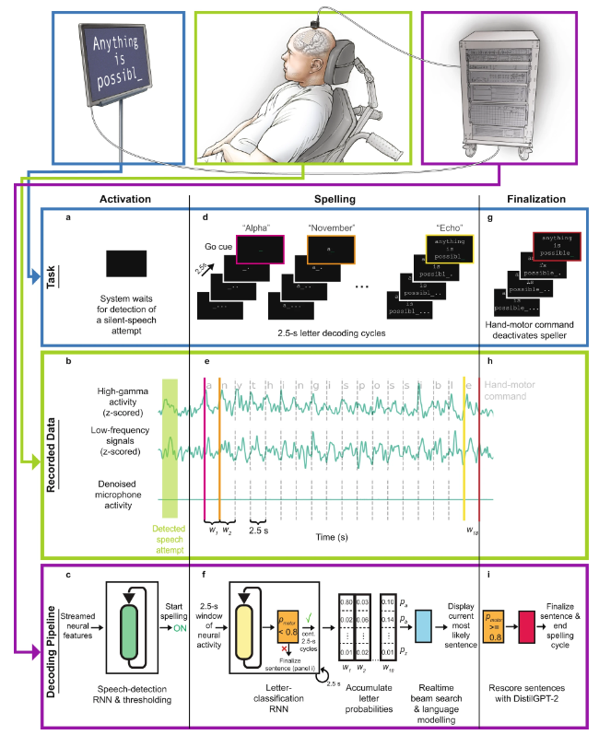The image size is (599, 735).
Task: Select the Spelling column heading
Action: (x=334, y=196)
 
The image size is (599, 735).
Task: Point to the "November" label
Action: (x=333, y=223)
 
